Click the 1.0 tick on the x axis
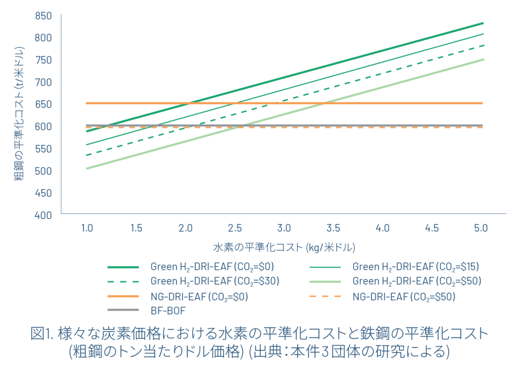(x=87, y=228)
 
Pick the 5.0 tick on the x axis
(x=481, y=228)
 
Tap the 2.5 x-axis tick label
(x=235, y=228)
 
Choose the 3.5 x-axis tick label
(x=334, y=228)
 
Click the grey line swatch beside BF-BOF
(x=123, y=310)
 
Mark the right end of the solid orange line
(x=482, y=103)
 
